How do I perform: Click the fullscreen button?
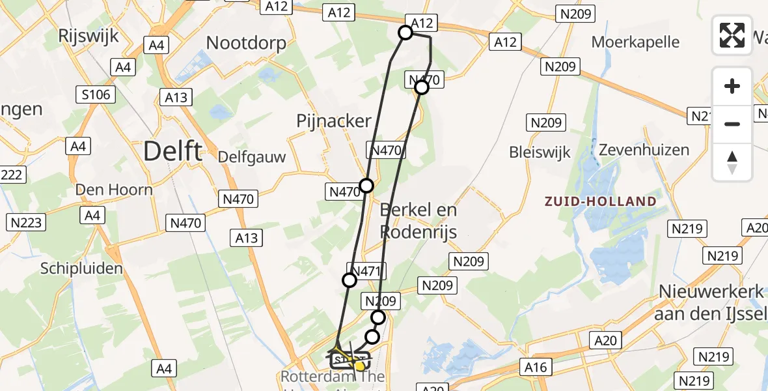[732, 35]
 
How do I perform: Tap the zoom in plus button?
[732, 86]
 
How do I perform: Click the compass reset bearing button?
[732, 162]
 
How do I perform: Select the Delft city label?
[172, 151]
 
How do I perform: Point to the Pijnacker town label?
[333, 121]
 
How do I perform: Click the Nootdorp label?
[246, 43]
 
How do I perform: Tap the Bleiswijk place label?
[540, 152]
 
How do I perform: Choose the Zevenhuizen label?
[644, 150]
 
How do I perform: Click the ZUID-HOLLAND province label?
[601, 201]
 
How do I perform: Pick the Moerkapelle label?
[635, 42]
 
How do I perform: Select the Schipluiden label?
[81, 268]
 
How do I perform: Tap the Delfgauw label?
[251, 157]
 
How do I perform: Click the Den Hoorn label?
[114, 190]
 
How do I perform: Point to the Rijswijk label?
[89, 35]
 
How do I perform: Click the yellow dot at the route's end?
[359, 366]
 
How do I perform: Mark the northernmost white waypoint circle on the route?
[405, 33]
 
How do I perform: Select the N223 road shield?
[27, 222]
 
